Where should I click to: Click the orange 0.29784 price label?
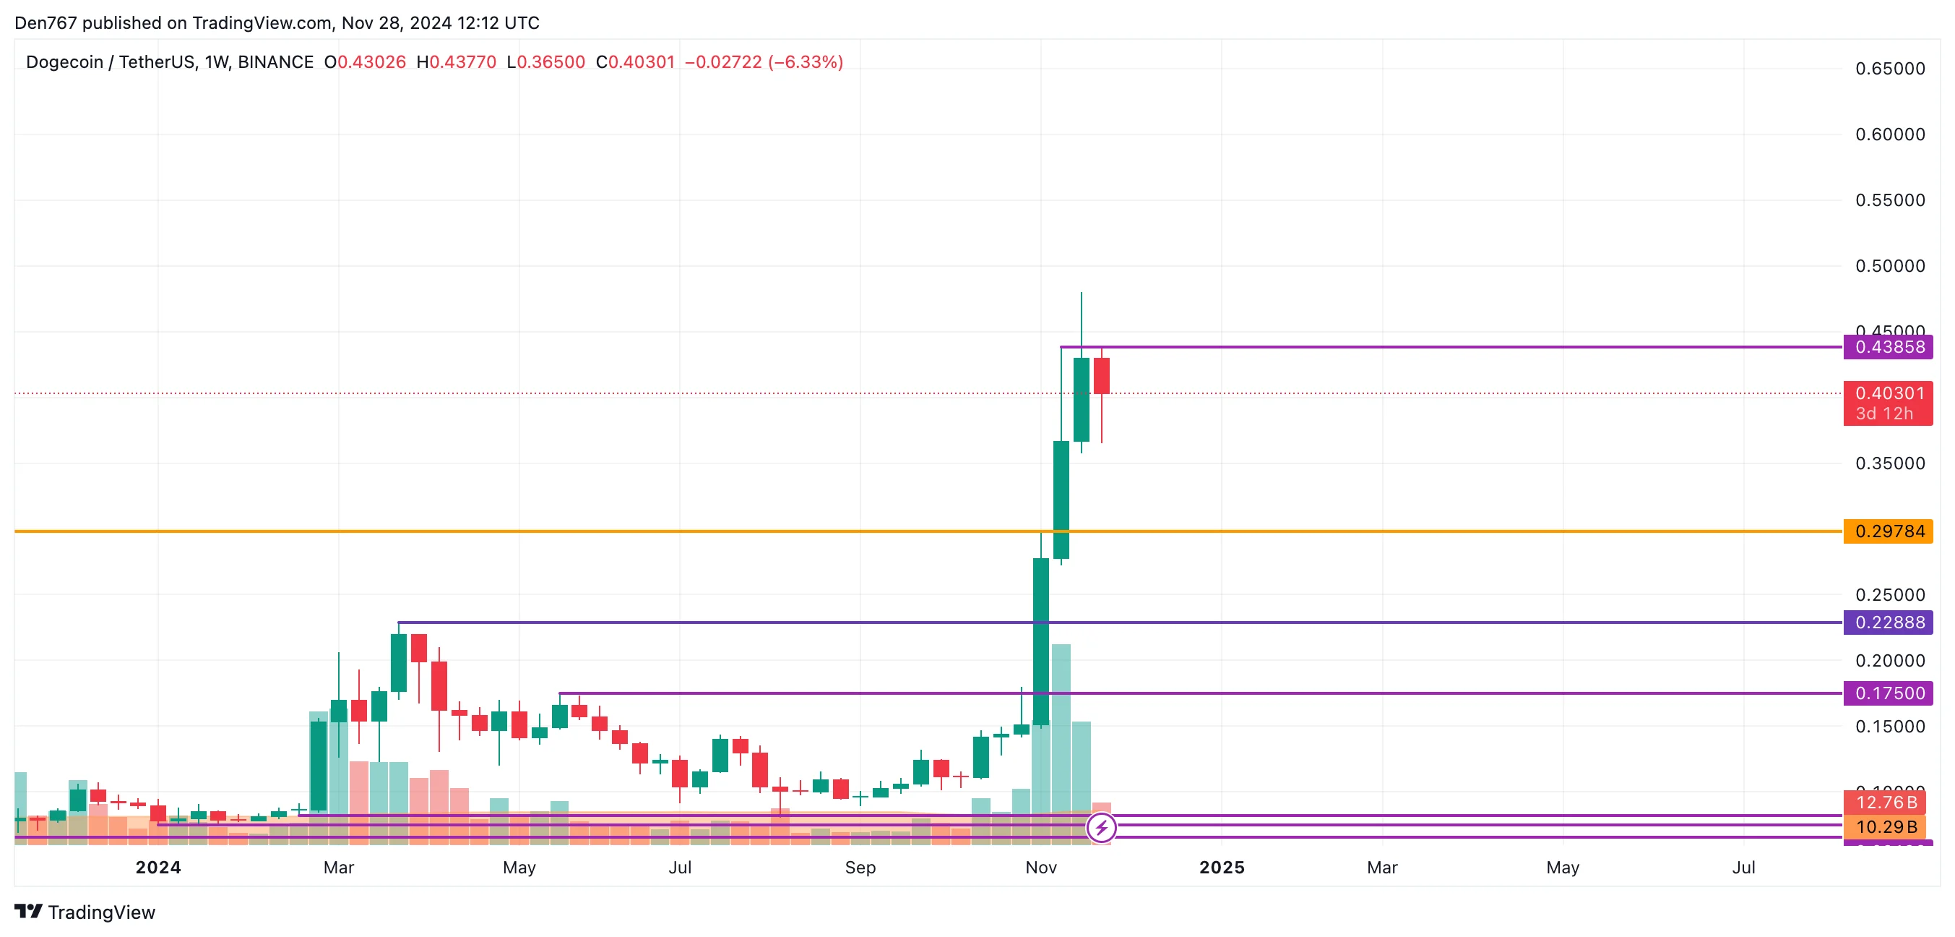click(1889, 531)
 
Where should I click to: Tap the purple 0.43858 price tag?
click(1889, 347)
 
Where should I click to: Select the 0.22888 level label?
click(1889, 622)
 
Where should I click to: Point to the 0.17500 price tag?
click(1889, 693)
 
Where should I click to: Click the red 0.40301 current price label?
click(1889, 394)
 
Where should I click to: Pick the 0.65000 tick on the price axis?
click(1890, 69)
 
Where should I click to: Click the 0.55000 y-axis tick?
click(1890, 200)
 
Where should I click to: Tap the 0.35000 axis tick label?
click(1890, 463)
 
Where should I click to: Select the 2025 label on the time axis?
click(1221, 867)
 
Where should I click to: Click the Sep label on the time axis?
click(860, 867)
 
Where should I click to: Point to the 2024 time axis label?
click(157, 867)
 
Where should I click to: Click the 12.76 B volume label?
click(1886, 802)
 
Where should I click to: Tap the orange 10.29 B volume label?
click(1886, 826)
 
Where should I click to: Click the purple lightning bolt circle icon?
click(1101, 828)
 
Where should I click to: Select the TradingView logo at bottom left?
click(85, 912)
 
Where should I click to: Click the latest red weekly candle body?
click(1101, 376)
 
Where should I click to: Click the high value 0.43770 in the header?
click(462, 62)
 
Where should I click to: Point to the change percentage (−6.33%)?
click(806, 62)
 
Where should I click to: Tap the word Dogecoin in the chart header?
click(64, 62)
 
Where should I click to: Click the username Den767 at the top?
click(46, 23)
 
